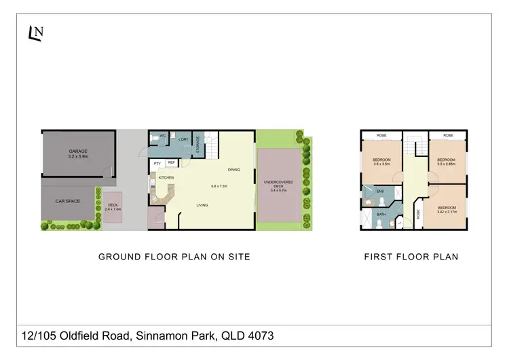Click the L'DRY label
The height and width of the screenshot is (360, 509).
[183, 140]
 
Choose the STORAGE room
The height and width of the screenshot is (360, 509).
[198, 144]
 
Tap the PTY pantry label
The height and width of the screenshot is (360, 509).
[157, 164]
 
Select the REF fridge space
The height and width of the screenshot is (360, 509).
[171, 163]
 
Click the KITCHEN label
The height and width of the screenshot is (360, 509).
[166, 177]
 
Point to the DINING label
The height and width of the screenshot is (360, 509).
[234, 170]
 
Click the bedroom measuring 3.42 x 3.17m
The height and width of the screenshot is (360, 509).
[447, 210]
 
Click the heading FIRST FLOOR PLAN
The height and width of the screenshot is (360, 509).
[411, 257]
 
